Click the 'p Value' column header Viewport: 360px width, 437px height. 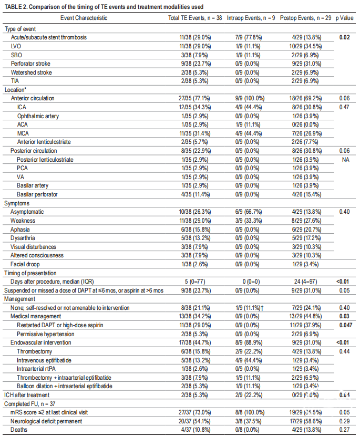[344, 18]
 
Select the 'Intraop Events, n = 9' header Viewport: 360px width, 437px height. [251, 18]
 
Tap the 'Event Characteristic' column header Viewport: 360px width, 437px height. [84, 18]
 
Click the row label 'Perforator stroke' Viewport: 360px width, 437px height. [30, 64]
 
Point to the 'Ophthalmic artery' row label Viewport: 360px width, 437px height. [38, 116]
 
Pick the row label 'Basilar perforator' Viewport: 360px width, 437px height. [37, 194]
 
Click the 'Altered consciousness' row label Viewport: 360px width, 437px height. [37, 255]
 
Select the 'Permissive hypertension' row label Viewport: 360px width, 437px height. [45, 334]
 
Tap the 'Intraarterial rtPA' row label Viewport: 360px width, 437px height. [36, 369]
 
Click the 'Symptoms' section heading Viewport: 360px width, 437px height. [17, 203]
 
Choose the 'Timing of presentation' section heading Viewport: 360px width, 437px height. [30, 273]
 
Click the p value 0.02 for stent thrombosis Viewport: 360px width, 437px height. [344, 37]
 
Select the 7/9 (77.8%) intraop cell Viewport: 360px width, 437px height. [249, 37]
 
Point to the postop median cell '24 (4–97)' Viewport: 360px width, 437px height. [306, 282]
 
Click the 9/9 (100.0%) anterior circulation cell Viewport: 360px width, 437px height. [250, 98]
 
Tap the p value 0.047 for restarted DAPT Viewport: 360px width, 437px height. [346, 325]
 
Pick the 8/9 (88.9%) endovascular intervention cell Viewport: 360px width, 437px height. [249, 342]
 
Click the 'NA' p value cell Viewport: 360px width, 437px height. [345, 160]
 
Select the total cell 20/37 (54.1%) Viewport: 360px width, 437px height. [194, 421]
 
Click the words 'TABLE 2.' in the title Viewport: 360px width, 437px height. [16, 7]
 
